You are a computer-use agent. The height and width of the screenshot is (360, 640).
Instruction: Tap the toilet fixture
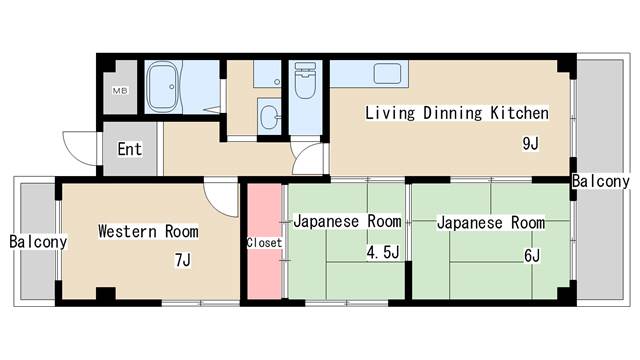(x=304, y=83)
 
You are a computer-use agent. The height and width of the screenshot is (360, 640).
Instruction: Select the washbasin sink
(x=269, y=116)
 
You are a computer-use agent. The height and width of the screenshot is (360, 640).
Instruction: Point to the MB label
(x=119, y=92)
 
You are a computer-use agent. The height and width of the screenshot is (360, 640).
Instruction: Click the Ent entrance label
(x=130, y=150)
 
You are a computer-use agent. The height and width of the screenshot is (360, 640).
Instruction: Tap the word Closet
(x=265, y=242)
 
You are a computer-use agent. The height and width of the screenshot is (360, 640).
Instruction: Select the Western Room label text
(x=147, y=231)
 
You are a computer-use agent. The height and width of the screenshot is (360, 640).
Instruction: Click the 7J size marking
(x=182, y=261)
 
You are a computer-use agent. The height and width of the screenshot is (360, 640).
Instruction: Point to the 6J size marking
(x=531, y=255)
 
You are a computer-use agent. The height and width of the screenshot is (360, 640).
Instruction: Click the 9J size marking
(x=530, y=143)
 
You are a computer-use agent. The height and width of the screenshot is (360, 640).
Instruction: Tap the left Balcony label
(x=38, y=242)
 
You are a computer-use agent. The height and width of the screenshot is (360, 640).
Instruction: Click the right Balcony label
(x=601, y=181)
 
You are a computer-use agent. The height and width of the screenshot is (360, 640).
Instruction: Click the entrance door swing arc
(x=78, y=148)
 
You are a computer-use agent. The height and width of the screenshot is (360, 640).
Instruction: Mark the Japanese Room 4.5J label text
(x=346, y=221)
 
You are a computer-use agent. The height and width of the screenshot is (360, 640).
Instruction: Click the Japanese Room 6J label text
(x=490, y=222)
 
